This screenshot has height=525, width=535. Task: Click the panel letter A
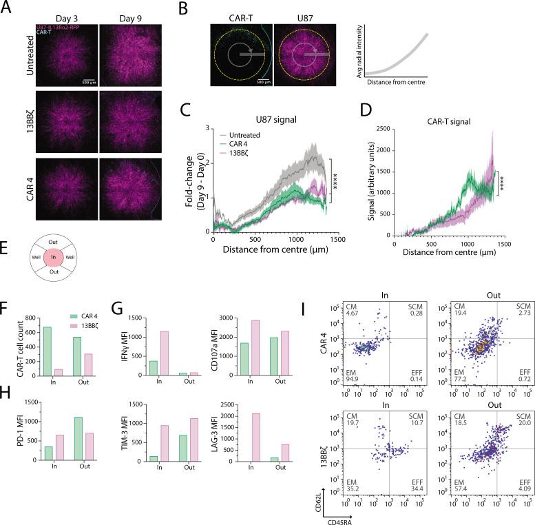(x=7, y=8)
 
